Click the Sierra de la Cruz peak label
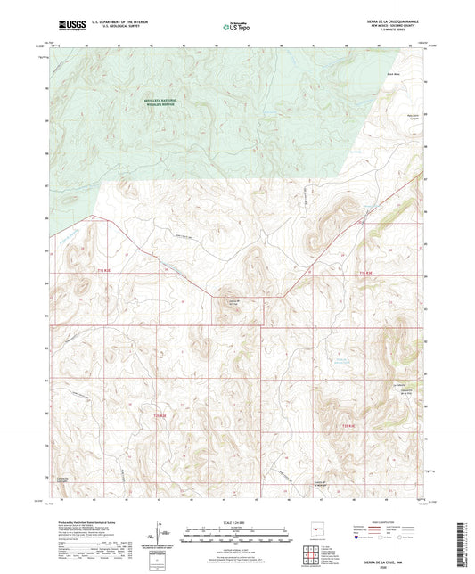tap(231, 303)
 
